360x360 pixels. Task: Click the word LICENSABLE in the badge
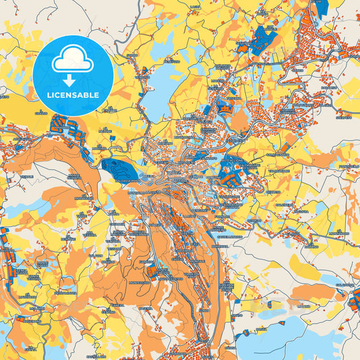click(x=72, y=95)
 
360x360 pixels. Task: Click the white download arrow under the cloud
click(x=72, y=80)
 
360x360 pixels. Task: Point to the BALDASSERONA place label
click(x=124, y=181)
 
